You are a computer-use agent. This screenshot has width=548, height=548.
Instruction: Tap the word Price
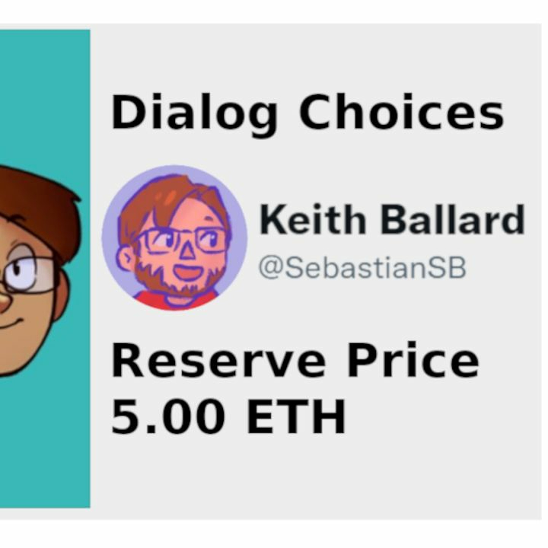413,359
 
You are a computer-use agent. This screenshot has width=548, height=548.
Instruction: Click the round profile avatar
174,238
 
